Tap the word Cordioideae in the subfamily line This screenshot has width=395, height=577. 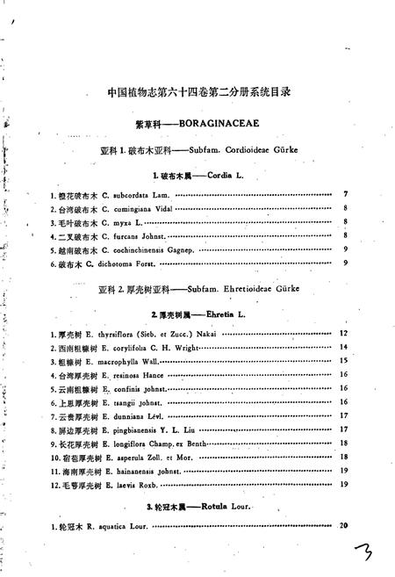(x=242, y=150)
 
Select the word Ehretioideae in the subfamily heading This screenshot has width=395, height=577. (x=244, y=288)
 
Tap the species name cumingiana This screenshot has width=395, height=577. (x=133, y=209)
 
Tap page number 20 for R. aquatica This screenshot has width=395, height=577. (x=343, y=526)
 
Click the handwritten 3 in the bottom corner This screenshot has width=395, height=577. (x=362, y=554)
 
